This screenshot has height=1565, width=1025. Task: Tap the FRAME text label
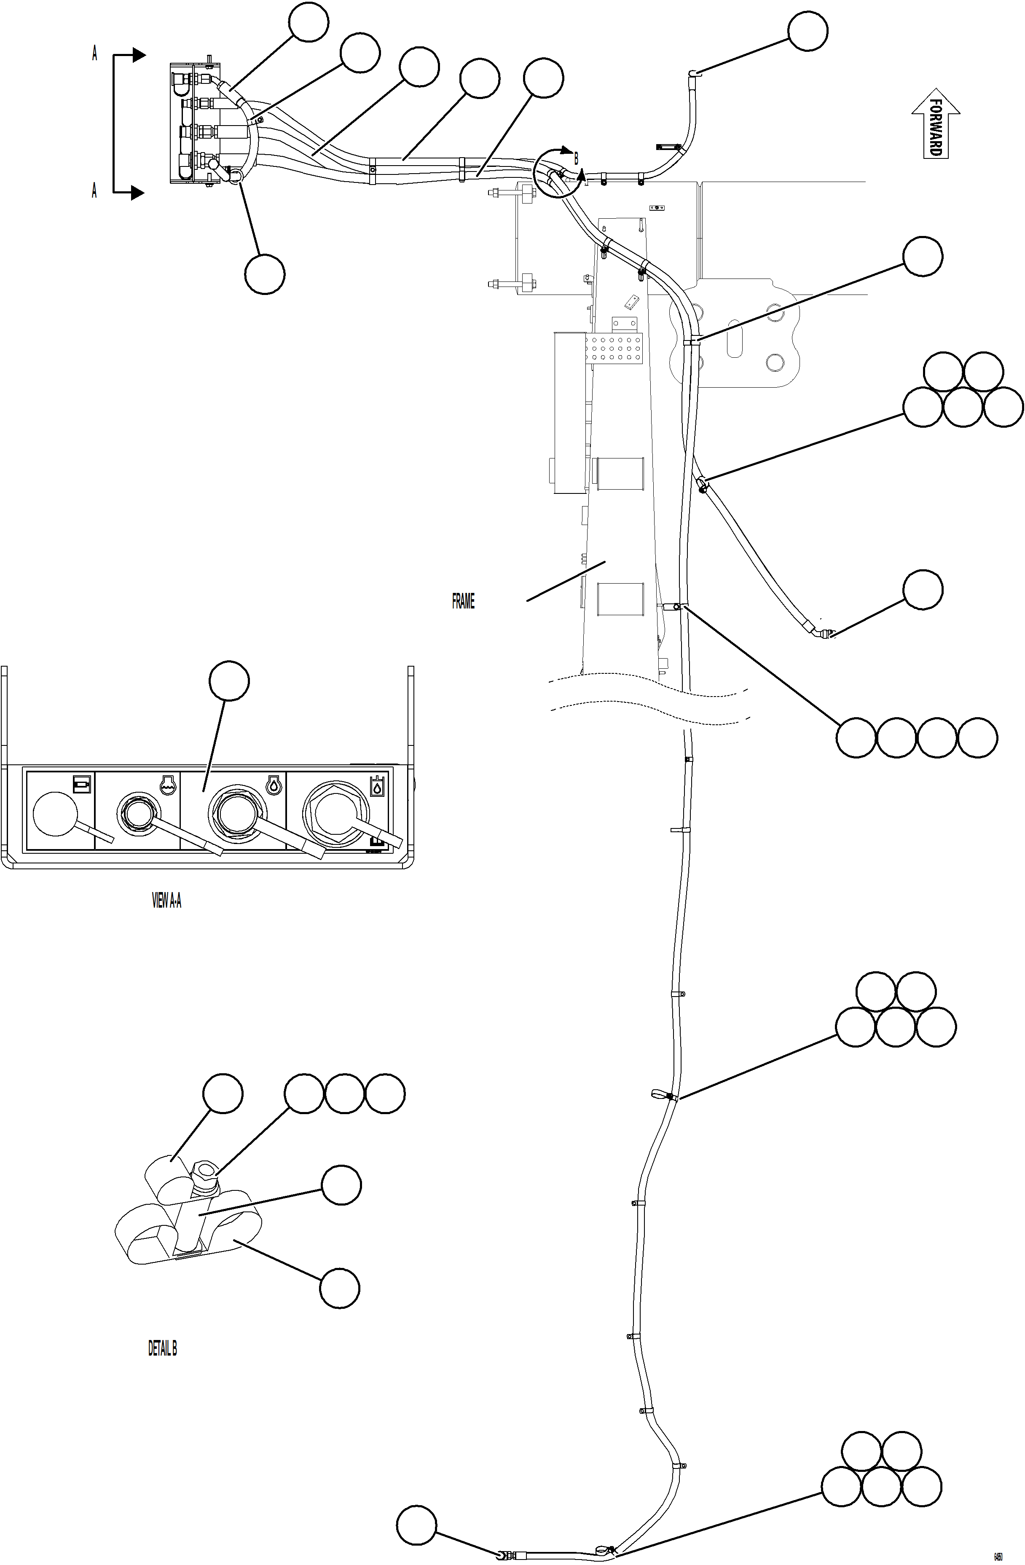463,601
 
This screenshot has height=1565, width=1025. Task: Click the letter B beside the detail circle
576,158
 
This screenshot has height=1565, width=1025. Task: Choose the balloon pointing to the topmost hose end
808,31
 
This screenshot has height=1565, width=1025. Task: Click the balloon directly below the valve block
265,274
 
